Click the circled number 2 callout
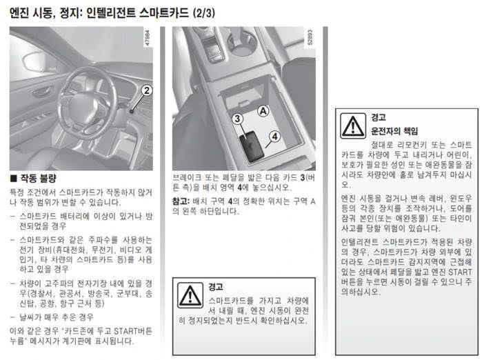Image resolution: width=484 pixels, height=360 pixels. tap(147, 90)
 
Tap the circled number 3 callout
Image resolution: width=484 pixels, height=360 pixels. tap(237, 119)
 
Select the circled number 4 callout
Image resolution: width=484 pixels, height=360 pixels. tap(274, 136)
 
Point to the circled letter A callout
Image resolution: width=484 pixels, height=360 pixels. tap(263, 111)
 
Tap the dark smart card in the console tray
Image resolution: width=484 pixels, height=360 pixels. tap(252, 146)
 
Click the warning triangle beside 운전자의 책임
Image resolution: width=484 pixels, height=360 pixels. tap(353, 126)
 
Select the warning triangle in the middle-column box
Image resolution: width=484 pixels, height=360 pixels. tap(190, 295)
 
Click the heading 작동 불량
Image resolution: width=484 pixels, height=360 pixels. tap(39, 178)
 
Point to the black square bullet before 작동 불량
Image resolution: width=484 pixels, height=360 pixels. tap(13, 179)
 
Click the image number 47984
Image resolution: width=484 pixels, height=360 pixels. tap(148, 38)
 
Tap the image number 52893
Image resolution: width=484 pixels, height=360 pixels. tap(310, 37)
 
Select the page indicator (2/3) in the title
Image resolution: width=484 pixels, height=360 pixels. tap(203, 13)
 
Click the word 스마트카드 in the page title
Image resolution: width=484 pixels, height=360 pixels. tap(163, 13)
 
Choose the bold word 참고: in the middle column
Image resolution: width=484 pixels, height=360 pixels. tap(181, 201)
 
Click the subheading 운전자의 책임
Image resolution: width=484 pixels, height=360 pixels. tap(394, 131)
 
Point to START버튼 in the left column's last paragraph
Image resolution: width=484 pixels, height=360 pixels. tap(133, 331)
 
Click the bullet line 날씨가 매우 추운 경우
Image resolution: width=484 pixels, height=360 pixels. tap(57, 317)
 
